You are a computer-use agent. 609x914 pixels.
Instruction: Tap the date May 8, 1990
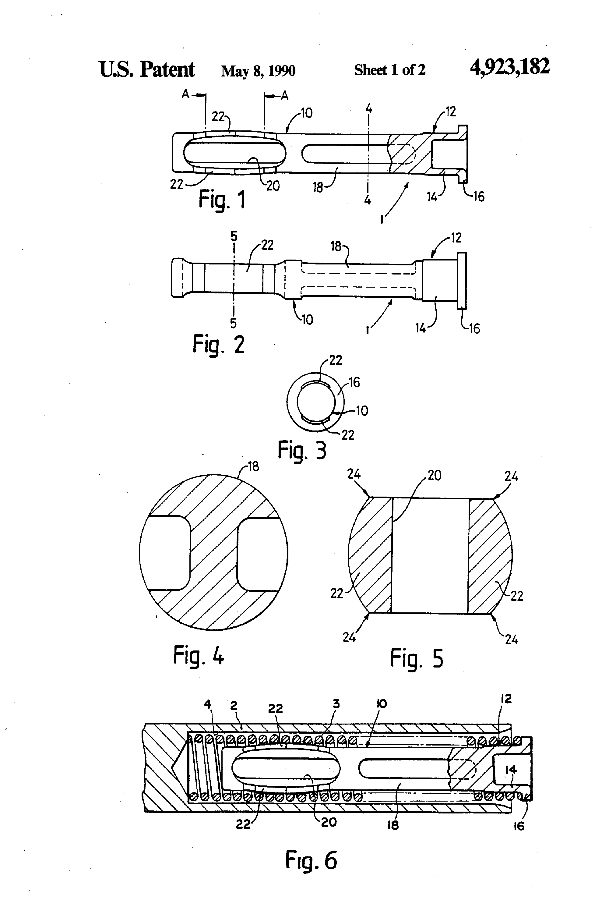pyautogui.click(x=258, y=71)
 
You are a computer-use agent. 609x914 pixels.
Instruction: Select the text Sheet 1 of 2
pyautogui.click(x=389, y=70)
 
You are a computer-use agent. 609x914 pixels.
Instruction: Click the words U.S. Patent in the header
pyautogui.click(x=147, y=69)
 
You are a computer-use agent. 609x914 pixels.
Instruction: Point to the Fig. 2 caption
pyautogui.click(x=219, y=344)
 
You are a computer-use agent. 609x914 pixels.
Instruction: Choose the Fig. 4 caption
pyautogui.click(x=199, y=655)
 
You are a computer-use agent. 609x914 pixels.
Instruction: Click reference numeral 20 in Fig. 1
pyautogui.click(x=273, y=186)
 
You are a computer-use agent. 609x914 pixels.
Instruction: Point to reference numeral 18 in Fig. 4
pyautogui.click(x=253, y=467)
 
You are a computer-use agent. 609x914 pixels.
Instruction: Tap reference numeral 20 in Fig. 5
pyautogui.click(x=434, y=475)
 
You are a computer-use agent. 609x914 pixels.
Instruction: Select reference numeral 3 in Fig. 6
pyautogui.click(x=336, y=704)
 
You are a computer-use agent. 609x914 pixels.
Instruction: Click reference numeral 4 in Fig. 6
pyautogui.click(x=207, y=704)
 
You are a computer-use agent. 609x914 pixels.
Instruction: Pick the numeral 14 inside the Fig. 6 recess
pyautogui.click(x=510, y=770)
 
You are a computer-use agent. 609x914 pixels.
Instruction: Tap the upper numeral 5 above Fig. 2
pyautogui.click(x=234, y=236)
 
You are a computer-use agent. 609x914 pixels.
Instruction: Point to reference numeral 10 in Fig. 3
pyautogui.click(x=362, y=411)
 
